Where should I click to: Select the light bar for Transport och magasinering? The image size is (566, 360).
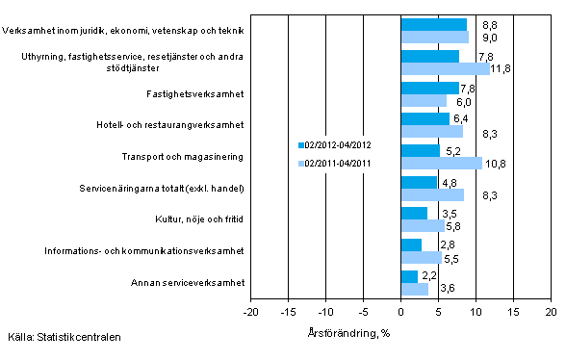pos(441,164)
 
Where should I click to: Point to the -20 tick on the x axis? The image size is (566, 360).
pos(250,313)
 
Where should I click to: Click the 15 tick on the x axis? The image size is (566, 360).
pos(513,313)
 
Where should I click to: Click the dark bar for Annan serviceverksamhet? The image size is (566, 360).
pos(408,276)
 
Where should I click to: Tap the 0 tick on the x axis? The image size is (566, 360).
pos(400,313)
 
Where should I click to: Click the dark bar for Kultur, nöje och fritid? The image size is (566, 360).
pos(413,214)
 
